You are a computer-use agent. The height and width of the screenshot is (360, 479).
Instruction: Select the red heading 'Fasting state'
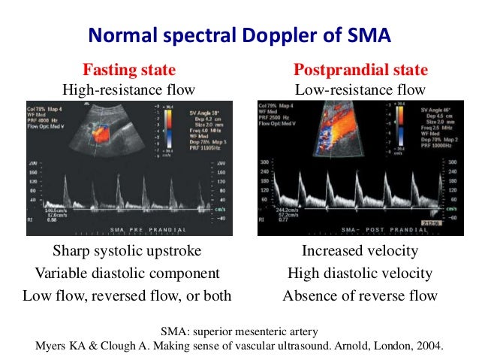(x=129, y=71)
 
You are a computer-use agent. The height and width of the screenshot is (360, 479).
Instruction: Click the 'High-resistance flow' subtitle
(x=129, y=89)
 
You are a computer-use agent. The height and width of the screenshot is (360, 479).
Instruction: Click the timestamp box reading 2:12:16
(x=430, y=223)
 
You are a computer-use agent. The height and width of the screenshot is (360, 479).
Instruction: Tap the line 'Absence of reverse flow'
(x=360, y=295)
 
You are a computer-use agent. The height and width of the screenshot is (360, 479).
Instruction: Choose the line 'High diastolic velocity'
(x=360, y=273)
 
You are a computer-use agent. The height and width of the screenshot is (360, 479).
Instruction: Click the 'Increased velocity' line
(x=360, y=251)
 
